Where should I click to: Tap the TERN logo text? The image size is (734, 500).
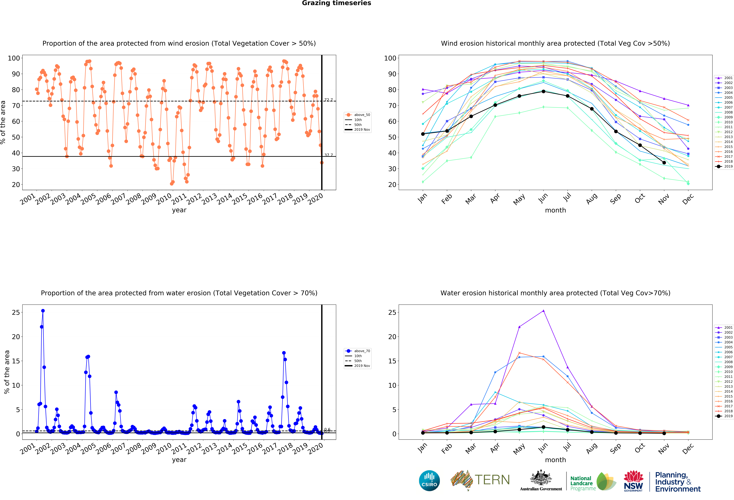click(492, 480)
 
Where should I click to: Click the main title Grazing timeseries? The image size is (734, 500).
click(336, 3)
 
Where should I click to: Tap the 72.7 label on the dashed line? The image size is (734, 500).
click(328, 100)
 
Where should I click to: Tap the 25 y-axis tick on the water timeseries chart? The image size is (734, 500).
click(16, 312)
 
